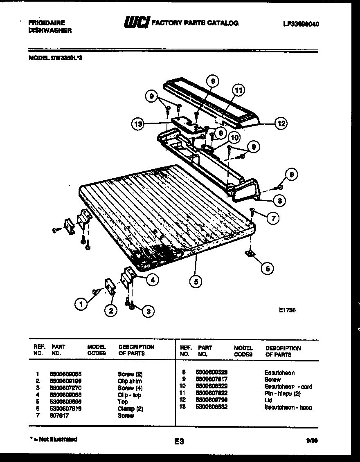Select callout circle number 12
click(281, 123)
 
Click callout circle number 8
click(279, 200)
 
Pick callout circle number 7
click(273, 218)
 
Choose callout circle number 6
click(267, 268)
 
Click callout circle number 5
click(197, 281)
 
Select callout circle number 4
click(153, 280)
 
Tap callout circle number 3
click(148, 311)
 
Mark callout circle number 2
click(110, 311)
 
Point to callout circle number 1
click(81, 304)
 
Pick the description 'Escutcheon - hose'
click(288, 407)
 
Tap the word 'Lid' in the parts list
click(268, 400)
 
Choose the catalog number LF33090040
click(301, 24)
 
